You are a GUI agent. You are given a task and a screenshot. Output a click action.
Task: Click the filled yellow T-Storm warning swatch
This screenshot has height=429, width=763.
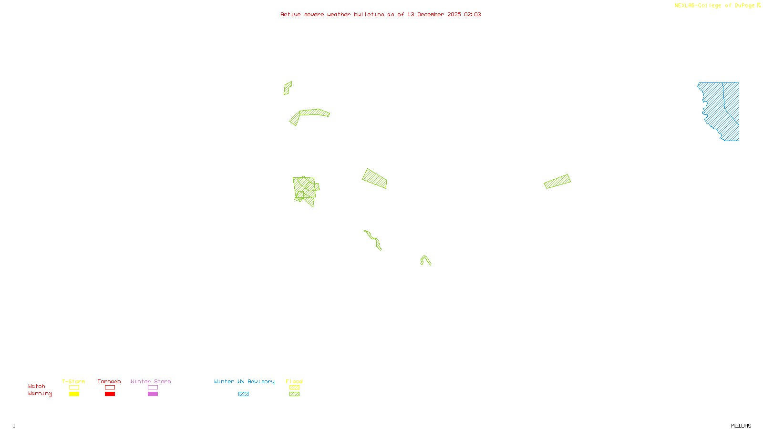point(74,394)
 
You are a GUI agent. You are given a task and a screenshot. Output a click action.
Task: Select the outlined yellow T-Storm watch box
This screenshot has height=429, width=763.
point(74,388)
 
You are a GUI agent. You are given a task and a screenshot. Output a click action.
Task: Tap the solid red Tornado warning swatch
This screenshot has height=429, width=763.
point(110,394)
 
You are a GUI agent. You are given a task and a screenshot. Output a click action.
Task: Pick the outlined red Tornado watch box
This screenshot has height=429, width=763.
point(110,388)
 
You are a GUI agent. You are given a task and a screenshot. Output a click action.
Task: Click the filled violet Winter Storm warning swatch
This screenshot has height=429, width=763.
point(153,394)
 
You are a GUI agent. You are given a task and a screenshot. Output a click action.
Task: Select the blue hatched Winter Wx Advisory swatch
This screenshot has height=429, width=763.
point(243,394)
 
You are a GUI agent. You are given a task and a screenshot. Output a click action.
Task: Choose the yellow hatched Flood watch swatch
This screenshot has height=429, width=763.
point(294,388)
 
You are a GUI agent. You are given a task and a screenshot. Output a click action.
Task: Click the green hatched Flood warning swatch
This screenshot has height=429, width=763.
point(294,394)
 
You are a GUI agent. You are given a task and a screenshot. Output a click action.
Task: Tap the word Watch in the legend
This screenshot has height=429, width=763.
point(37,387)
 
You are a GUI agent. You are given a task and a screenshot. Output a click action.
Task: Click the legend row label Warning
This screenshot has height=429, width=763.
point(40,394)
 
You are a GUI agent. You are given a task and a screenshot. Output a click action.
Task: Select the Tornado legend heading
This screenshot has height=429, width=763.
point(109,381)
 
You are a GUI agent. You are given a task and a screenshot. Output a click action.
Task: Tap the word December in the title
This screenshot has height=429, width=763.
point(430,14)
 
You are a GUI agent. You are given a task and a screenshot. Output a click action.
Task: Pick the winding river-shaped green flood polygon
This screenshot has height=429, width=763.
point(373,239)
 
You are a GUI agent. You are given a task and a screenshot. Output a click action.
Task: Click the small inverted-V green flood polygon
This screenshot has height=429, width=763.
point(425,259)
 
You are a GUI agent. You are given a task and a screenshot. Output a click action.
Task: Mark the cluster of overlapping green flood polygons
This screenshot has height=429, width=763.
point(305,190)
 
